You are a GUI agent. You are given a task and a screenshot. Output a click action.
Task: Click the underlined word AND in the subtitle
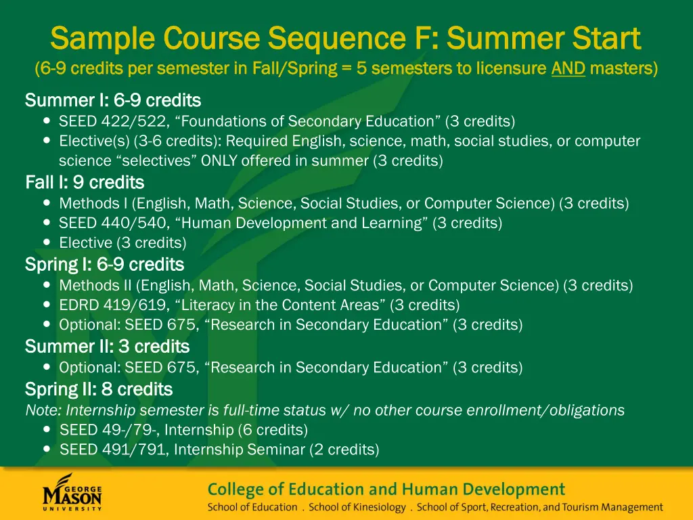pyautogui.click(x=568, y=68)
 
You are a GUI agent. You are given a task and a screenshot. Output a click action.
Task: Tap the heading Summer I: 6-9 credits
pyautogui.click(x=113, y=101)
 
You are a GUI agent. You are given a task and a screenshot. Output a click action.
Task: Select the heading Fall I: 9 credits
pyautogui.click(x=85, y=183)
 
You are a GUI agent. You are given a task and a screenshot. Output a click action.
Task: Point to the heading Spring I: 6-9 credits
pyautogui.click(x=104, y=264)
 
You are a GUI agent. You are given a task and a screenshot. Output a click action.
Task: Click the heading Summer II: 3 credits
pyautogui.click(x=107, y=347)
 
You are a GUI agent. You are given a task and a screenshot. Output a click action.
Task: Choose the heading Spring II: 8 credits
pyautogui.click(x=99, y=389)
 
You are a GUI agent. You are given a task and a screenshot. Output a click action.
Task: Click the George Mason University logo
pyautogui.click(x=72, y=493)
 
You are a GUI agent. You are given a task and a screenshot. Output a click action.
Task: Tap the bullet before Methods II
pyautogui.click(x=47, y=286)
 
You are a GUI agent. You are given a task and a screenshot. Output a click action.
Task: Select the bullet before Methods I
pyautogui.click(x=47, y=203)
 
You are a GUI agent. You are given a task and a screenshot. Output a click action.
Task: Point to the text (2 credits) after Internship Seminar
pyautogui.click(x=344, y=450)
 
